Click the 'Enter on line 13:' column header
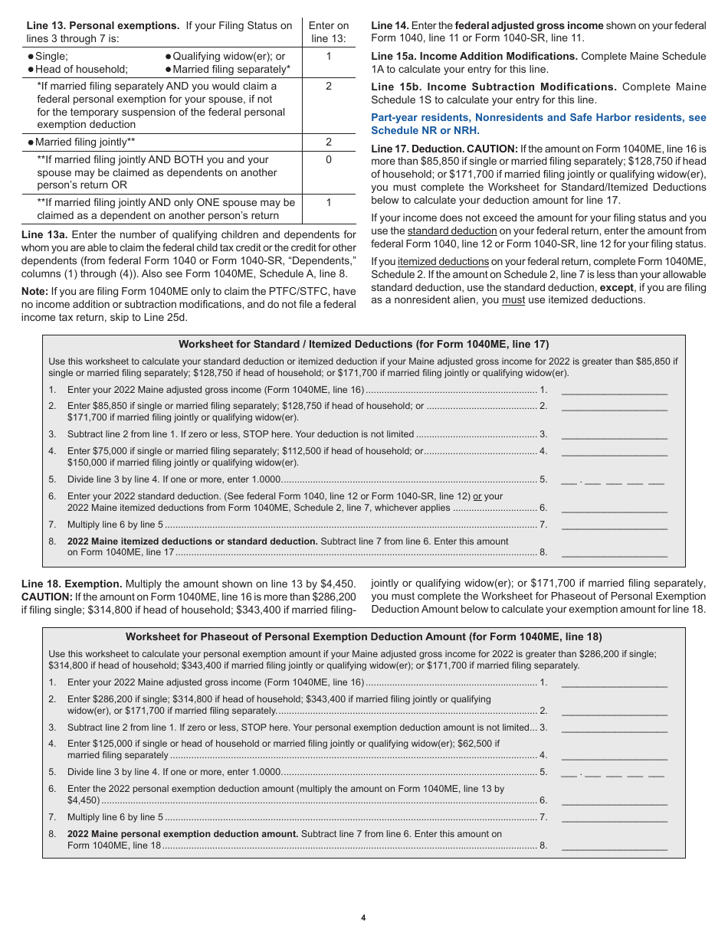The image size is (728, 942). pyautogui.click(x=329, y=32)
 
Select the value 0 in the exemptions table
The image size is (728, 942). pyautogui.click(x=329, y=160)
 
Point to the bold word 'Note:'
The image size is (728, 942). pyautogui.click(x=34, y=292)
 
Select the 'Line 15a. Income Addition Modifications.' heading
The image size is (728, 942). pyautogui.click(x=474, y=57)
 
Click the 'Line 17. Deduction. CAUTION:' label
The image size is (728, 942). pyautogui.click(x=444, y=149)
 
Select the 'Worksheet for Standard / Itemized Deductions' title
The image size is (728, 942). pyautogui.click(x=363, y=345)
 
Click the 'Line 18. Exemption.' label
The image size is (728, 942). pyautogui.click(x=71, y=584)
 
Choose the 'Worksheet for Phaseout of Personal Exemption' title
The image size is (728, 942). pyautogui.click(x=363, y=637)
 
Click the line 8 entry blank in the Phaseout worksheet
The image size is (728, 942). pyautogui.click(x=614, y=846)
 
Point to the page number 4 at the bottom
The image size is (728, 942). pyautogui.click(x=363, y=918)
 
